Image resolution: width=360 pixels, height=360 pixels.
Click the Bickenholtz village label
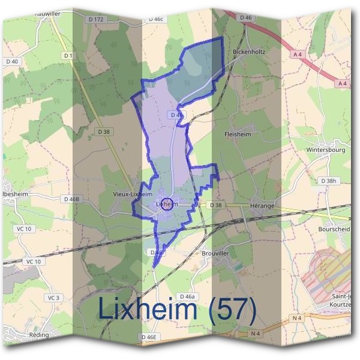248,52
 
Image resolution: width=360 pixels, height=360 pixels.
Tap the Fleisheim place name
236,134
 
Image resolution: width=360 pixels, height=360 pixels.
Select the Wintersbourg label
325,150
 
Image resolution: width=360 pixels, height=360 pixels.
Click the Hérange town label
262,206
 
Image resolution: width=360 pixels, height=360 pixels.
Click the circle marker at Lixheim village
167,204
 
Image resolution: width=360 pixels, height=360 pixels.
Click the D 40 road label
12,61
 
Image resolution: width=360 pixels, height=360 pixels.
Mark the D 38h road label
329,181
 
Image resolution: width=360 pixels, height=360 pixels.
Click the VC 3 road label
55,298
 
